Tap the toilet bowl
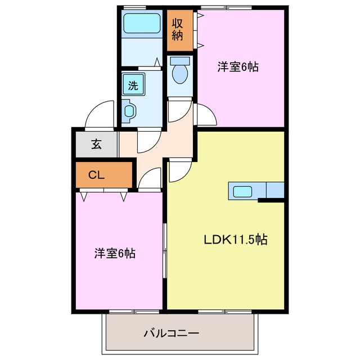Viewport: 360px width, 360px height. [x=180, y=72]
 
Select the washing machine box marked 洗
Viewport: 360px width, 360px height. [x=133, y=85]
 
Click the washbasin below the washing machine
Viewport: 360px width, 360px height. [x=130, y=110]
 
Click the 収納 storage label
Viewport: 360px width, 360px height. [x=178, y=29]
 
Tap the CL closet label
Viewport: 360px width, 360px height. [x=97, y=175]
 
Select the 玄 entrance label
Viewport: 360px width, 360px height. [x=96, y=144]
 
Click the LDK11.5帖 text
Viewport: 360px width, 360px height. [x=235, y=240]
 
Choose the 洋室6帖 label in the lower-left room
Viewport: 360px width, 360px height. [x=114, y=253]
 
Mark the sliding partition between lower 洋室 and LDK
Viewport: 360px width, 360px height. [x=165, y=250]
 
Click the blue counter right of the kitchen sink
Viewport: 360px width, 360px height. [x=275, y=190]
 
